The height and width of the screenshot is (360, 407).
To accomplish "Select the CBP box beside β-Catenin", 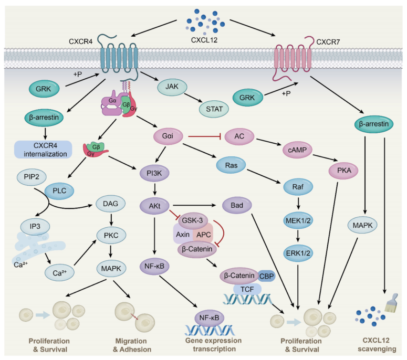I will point(266,274).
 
